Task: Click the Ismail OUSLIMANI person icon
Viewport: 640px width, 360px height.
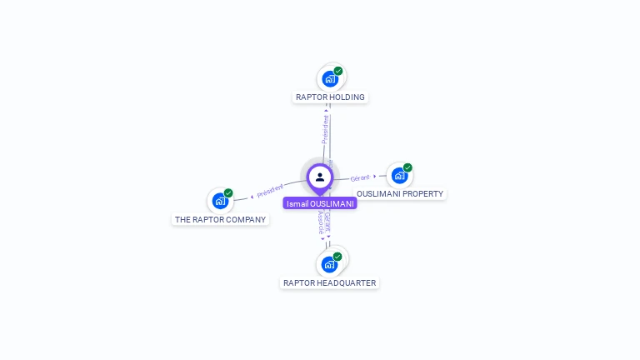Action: pos(319,177)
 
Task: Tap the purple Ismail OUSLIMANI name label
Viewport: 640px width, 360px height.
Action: pos(319,203)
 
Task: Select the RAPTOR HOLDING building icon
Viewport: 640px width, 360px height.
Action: pos(329,79)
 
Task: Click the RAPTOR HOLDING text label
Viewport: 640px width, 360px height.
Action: pos(330,97)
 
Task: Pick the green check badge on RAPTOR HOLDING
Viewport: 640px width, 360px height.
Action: pos(338,71)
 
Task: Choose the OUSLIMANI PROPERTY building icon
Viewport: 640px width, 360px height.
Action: pos(399,176)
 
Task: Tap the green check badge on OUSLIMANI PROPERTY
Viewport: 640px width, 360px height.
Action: pos(407,167)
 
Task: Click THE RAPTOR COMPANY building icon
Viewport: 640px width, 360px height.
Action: pos(219,201)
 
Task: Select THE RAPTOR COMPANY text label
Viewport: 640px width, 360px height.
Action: pos(220,220)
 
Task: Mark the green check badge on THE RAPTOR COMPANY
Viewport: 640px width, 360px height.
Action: pos(228,192)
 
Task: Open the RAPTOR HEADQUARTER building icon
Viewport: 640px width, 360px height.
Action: pos(329,265)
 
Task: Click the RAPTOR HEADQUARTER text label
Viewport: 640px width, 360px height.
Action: pos(329,283)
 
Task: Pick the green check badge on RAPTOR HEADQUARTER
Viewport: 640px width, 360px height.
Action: pos(337,257)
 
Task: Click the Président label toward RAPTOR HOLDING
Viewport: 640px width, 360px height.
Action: pos(325,129)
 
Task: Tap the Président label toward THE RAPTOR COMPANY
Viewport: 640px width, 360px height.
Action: pos(270,190)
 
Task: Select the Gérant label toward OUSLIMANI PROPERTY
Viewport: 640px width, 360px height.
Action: pos(360,178)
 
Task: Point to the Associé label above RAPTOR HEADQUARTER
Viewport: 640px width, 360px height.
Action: pos(321,222)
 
